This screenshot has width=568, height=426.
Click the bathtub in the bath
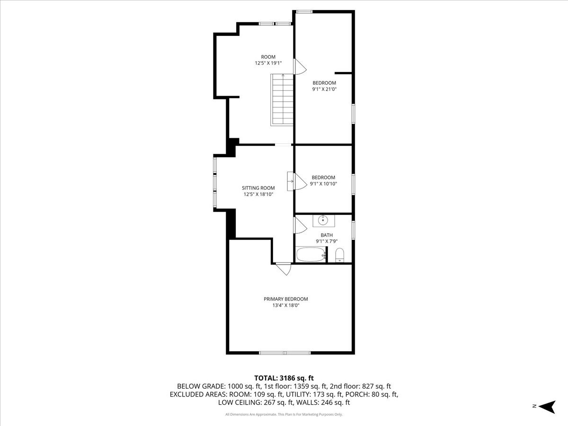311,255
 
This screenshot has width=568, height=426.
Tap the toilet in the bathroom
339,256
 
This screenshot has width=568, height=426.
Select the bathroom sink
324,220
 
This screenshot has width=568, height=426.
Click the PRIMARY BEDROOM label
285,299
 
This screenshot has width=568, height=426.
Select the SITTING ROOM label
258,188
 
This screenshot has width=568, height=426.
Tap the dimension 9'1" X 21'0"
324,89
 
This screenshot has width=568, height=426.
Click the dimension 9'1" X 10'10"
323,184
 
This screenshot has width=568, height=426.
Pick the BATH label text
327,235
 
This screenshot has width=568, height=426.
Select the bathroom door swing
299,225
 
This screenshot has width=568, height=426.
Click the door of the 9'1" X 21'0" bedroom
299,67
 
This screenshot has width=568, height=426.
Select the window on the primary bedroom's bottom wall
284,353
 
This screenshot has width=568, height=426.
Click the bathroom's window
353,229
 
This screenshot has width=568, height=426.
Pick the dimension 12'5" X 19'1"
268,63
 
